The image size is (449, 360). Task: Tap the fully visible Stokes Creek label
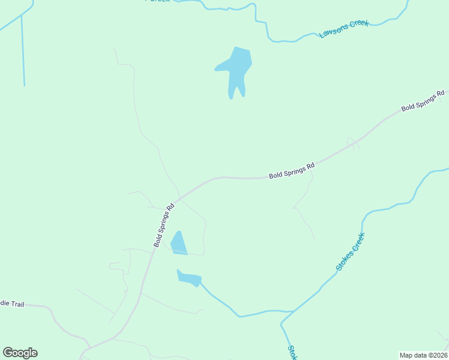(351, 251)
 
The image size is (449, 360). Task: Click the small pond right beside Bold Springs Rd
(178, 244)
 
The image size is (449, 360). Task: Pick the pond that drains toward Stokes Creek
(190, 278)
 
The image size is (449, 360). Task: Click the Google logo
(20, 353)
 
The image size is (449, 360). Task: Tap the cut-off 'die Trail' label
(12, 304)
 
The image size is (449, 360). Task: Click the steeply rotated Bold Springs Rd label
(163, 225)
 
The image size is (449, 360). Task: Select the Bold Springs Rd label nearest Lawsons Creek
(423, 100)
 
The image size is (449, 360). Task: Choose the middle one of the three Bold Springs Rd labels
(292, 171)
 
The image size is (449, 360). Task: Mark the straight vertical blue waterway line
(23, 51)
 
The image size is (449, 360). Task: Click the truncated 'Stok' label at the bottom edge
(292, 352)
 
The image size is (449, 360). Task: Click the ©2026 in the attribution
(436, 355)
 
